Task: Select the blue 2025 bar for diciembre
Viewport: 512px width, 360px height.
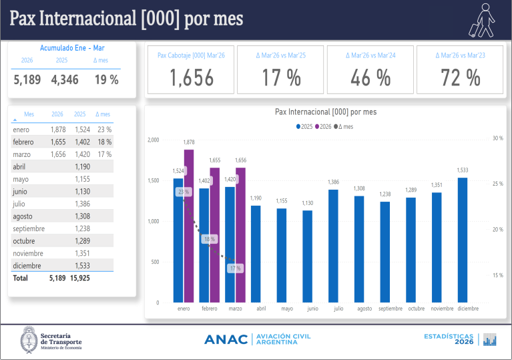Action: pyautogui.click(x=462, y=240)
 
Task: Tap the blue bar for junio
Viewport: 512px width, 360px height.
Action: pyautogui.click(x=307, y=256)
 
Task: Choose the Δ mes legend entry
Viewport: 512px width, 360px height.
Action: pyautogui.click(x=345, y=126)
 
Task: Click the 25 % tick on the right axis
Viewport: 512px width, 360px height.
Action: pyautogui.click(x=497, y=184)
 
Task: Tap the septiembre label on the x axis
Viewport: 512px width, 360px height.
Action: pyautogui.click(x=390, y=309)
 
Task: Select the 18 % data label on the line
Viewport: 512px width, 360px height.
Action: pyautogui.click(x=209, y=239)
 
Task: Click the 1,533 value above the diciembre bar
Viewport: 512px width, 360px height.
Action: pyautogui.click(x=462, y=170)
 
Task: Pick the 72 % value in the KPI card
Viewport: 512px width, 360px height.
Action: pyautogui.click(x=460, y=79)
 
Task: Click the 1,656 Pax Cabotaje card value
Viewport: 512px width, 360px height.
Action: pyautogui.click(x=192, y=79)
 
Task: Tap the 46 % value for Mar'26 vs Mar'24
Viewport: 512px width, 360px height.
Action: pyautogui.click(x=370, y=79)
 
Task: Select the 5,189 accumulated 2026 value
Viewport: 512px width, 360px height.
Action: pyautogui.click(x=27, y=80)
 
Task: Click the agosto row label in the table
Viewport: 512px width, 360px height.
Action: pyautogui.click(x=23, y=216)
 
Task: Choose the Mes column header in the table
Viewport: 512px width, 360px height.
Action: pyautogui.click(x=29, y=114)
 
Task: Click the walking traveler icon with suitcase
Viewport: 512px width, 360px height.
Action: pyautogui.click(x=481, y=20)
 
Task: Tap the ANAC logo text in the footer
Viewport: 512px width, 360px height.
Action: pyautogui.click(x=226, y=339)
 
